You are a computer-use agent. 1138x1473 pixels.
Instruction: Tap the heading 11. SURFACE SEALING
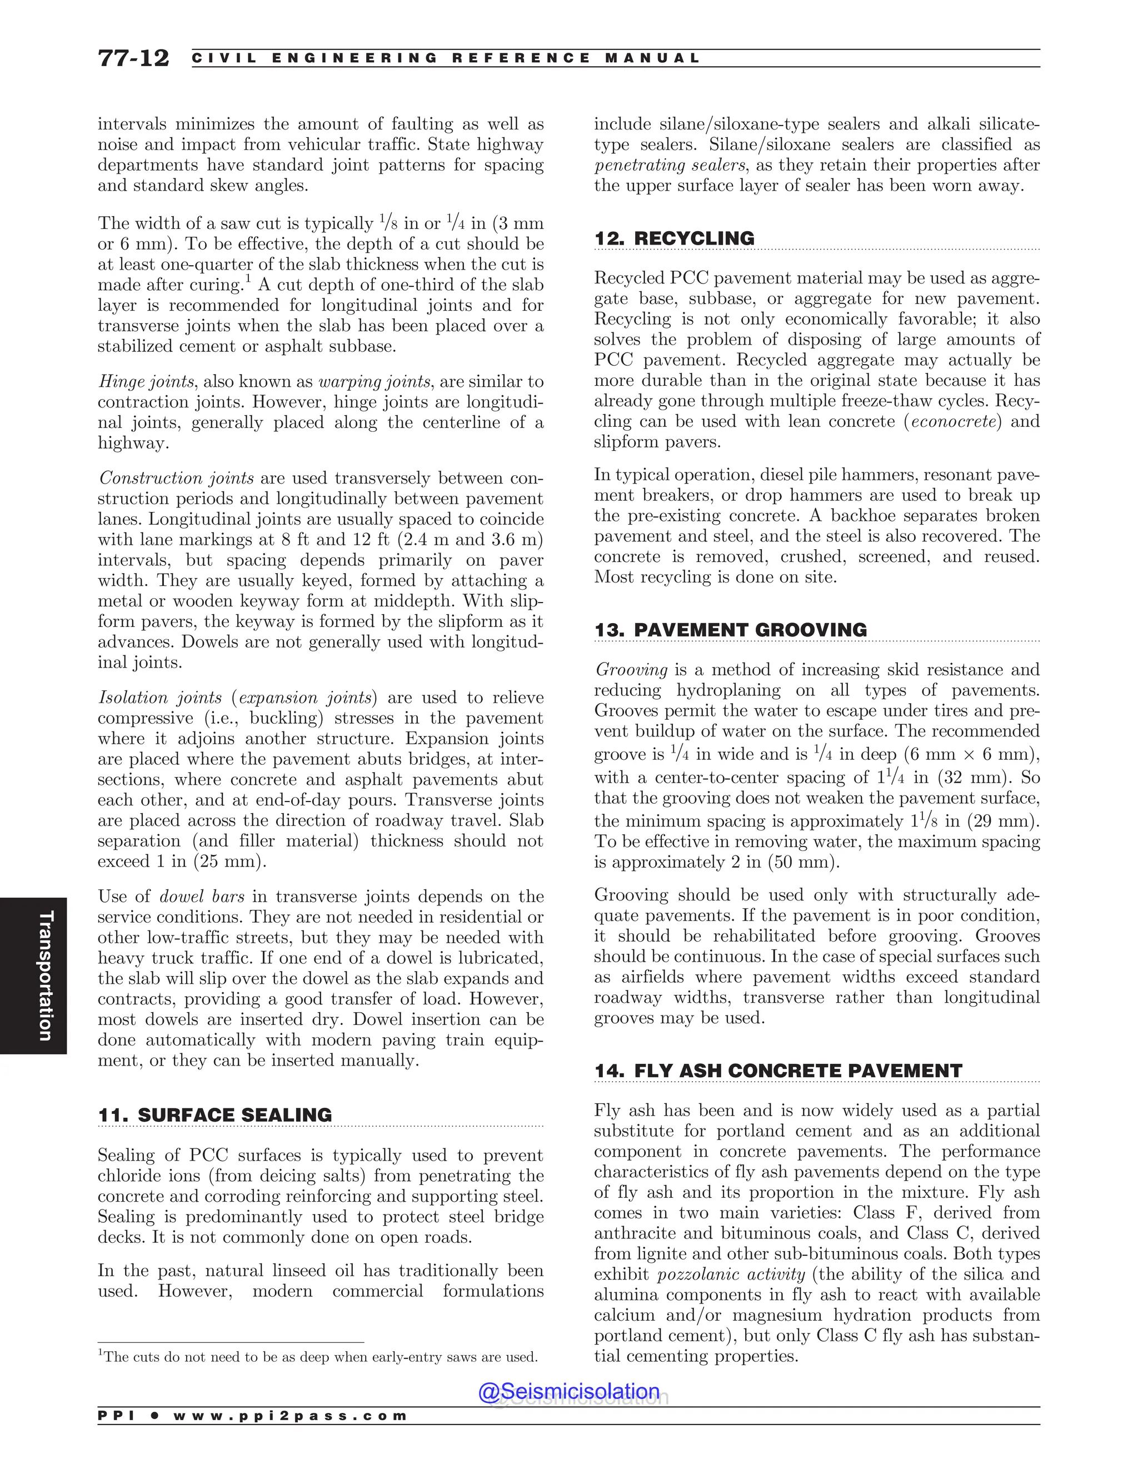coord(215,1115)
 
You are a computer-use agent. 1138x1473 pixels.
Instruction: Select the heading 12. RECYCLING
coord(674,239)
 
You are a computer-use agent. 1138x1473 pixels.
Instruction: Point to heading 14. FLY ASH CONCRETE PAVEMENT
coord(778,1071)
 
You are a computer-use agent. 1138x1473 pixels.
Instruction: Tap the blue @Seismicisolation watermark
coord(569,1391)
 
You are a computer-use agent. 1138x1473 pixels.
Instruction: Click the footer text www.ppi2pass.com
coord(290,1416)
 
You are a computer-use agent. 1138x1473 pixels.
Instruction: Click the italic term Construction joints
coord(177,478)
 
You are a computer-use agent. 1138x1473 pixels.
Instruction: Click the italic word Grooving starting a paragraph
coord(632,670)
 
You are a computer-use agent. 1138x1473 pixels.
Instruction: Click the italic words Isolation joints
coord(160,698)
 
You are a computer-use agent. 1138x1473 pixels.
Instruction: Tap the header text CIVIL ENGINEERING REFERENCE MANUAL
coord(446,58)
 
